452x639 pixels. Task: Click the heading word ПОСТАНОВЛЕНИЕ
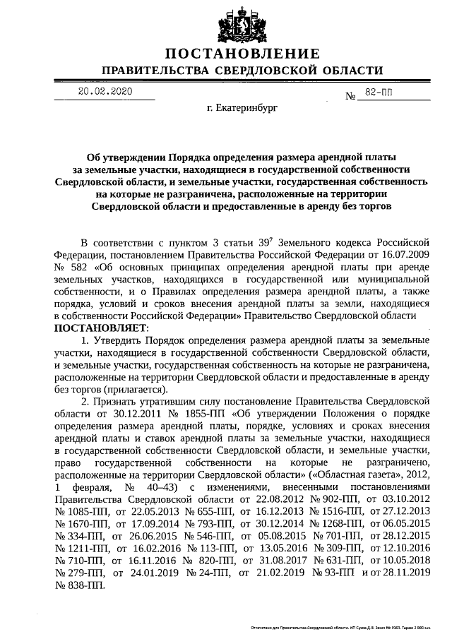pyautogui.click(x=242, y=54)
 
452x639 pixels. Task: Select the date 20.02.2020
pyautogui.click(x=106, y=92)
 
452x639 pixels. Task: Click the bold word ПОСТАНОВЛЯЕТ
pyautogui.click(x=100, y=328)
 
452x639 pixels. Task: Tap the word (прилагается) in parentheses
pyautogui.click(x=134, y=389)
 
